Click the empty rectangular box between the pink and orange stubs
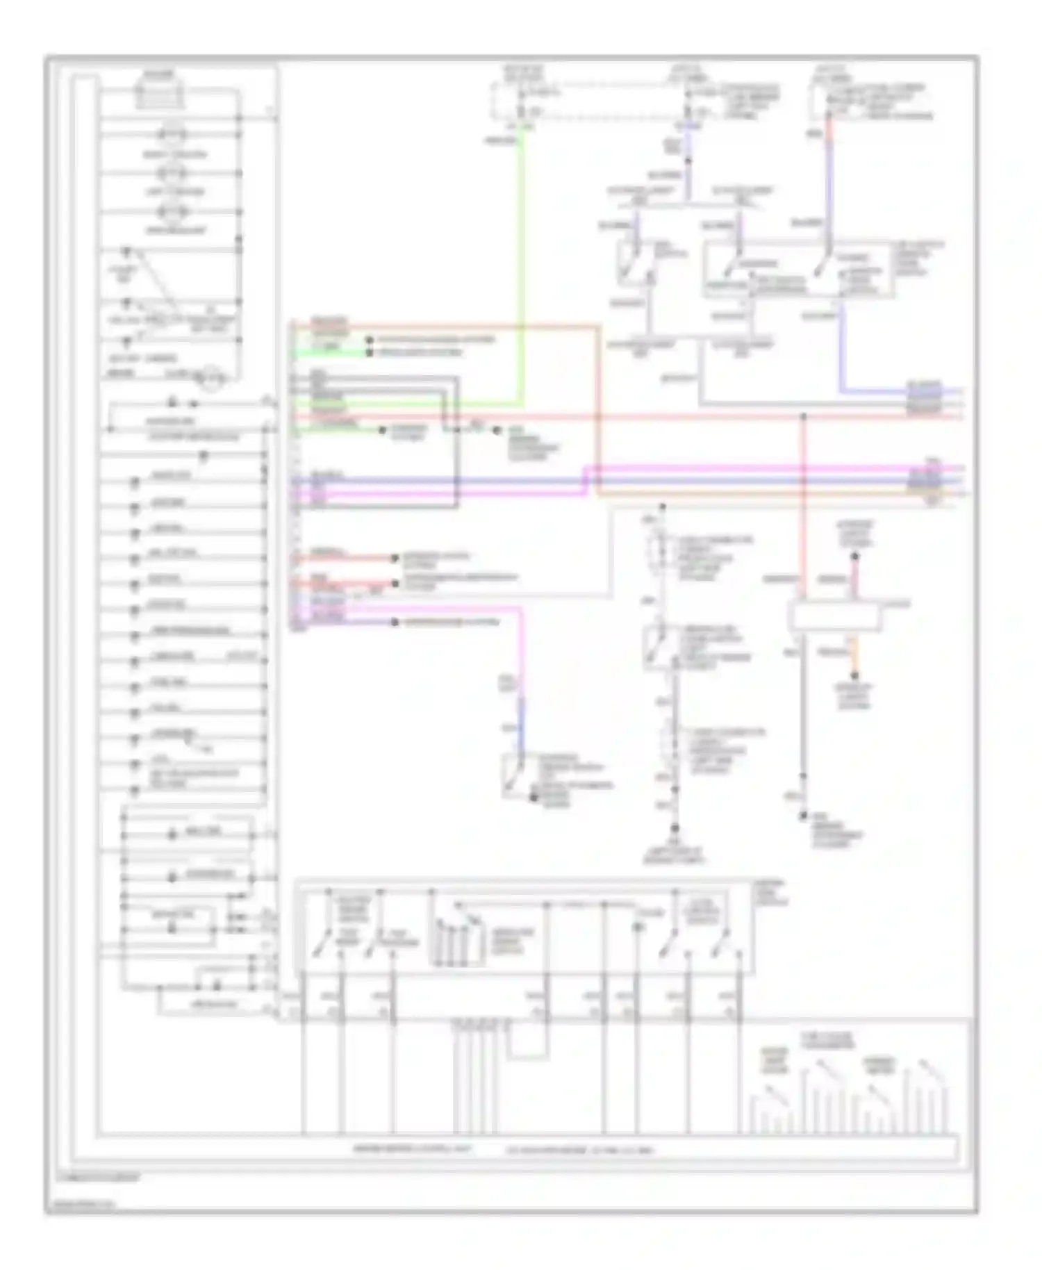click(834, 617)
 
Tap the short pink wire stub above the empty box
click(854, 579)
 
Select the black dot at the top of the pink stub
click(854, 556)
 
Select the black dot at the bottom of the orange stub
click(854, 675)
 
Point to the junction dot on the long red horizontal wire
click(803, 417)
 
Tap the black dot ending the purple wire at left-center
click(395, 622)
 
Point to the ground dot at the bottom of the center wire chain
click(674, 829)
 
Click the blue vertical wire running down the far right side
click(841, 347)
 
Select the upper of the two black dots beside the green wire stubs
click(370, 340)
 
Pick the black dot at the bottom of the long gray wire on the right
click(803, 816)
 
